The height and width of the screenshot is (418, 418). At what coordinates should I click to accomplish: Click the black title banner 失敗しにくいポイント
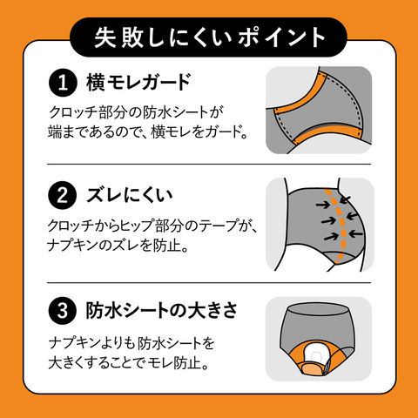[x=209, y=37]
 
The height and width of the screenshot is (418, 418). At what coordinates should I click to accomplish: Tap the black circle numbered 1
[x=63, y=83]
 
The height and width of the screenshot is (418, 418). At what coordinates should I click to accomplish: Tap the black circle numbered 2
[x=63, y=195]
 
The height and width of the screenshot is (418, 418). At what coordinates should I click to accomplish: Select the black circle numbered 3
[x=63, y=310]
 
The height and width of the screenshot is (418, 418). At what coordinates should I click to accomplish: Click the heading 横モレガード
[x=138, y=83]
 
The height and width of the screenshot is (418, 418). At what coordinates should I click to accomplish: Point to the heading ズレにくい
[x=130, y=195]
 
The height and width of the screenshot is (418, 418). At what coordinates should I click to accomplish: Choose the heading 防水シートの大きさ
[x=162, y=310]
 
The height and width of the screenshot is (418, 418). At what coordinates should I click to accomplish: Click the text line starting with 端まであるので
[x=148, y=131]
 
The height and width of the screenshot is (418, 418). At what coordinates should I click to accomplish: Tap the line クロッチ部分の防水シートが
[x=136, y=112]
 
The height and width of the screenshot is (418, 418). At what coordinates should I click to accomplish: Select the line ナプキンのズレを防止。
[x=118, y=246]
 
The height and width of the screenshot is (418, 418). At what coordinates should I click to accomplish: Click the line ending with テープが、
[x=153, y=226]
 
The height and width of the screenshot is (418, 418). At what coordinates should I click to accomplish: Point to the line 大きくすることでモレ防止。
[x=129, y=363]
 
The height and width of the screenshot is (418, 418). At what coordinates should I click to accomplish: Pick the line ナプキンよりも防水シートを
[x=131, y=343]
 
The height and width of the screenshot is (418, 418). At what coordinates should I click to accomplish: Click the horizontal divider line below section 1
[x=209, y=164]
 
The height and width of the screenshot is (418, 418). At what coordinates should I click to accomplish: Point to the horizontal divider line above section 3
[x=209, y=282]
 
